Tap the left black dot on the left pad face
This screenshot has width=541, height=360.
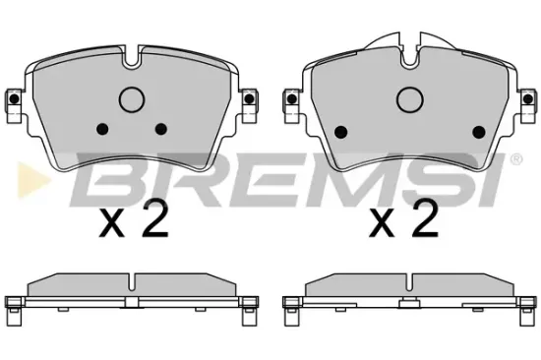tap(102, 129)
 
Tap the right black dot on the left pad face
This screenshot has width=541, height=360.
tap(161, 129)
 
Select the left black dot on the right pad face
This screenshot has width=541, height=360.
tap(341, 132)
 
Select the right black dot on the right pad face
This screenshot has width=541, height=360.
tap(479, 132)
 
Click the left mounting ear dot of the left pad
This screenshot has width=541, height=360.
tap(14, 99)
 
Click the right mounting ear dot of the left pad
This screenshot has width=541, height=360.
tap(249, 99)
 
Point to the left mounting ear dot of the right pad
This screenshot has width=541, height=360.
tap(292, 99)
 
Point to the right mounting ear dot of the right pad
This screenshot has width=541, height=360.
tap(527, 99)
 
